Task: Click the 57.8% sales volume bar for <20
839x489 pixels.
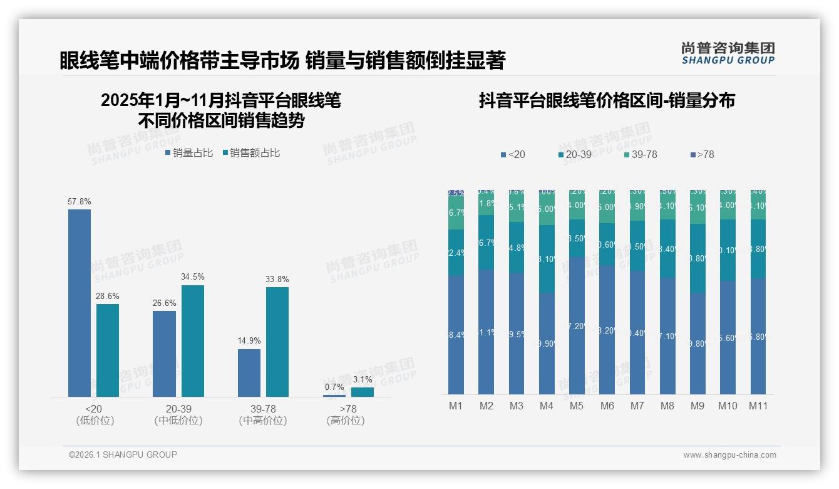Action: (80, 303)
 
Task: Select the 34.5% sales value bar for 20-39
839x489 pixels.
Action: (193, 341)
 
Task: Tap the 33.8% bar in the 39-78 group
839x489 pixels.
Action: (277, 342)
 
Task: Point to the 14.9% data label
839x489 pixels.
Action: (249, 341)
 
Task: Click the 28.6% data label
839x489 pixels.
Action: (108, 296)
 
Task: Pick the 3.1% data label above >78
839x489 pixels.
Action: (362, 379)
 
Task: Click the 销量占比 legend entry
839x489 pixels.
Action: (188, 152)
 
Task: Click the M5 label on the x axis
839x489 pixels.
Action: (577, 406)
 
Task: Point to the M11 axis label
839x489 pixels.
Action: (758, 406)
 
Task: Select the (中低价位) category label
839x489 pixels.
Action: (178, 421)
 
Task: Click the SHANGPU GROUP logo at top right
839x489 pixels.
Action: (728, 53)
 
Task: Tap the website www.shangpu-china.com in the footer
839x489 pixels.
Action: (729, 455)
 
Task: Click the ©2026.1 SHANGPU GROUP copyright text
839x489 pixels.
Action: (123, 455)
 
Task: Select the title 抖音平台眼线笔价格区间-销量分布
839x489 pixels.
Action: (607, 100)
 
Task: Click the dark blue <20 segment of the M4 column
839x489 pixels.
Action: (547, 344)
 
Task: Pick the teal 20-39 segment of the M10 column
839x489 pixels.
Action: (728, 250)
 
